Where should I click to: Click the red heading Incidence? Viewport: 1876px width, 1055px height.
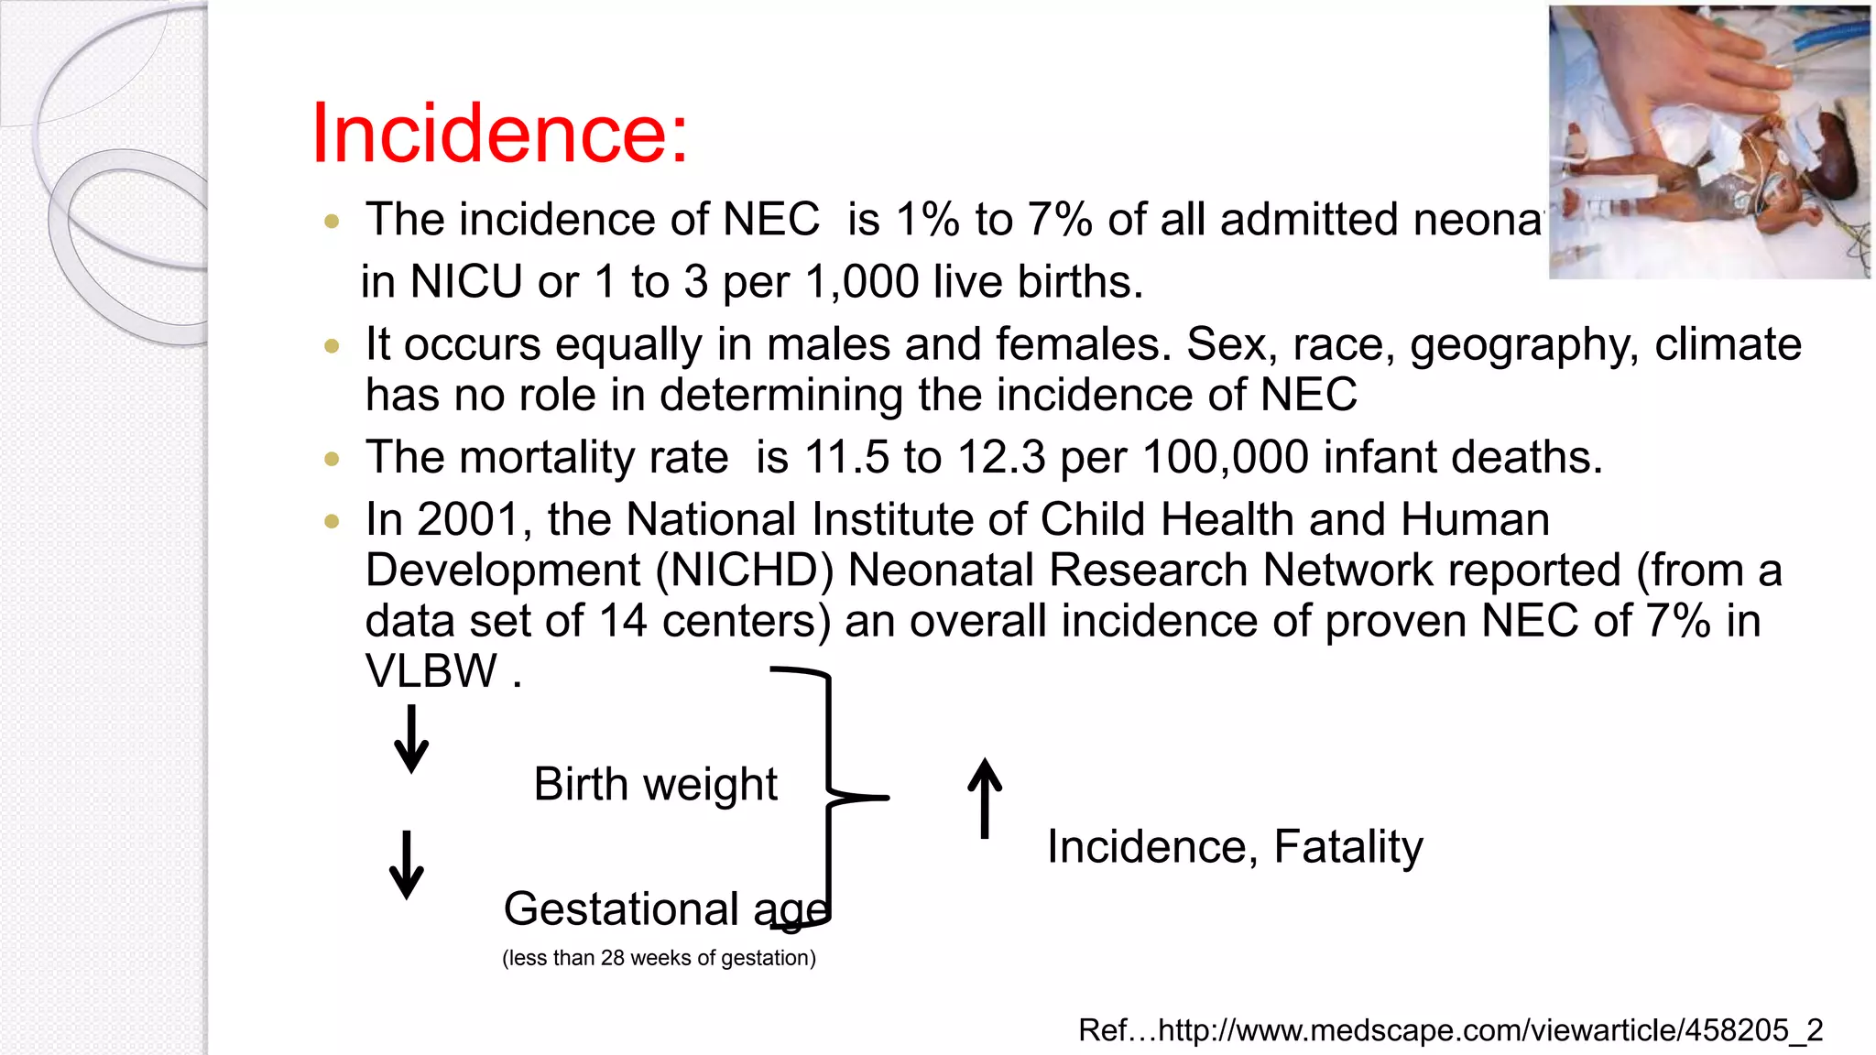click(499, 134)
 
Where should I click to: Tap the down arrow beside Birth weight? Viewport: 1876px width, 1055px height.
click(411, 739)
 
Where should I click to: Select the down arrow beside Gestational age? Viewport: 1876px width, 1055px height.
click(407, 865)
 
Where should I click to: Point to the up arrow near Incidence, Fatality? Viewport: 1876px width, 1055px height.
click(985, 798)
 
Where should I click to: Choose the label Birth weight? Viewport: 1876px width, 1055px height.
click(655, 785)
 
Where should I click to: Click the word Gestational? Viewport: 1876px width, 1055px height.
click(621, 909)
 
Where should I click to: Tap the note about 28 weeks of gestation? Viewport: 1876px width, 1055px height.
click(659, 958)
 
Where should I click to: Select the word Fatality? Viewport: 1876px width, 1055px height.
click(1348, 847)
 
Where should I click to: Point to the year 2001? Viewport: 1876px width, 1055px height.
click(468, 519)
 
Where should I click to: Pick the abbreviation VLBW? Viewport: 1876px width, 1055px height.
click(431, 671)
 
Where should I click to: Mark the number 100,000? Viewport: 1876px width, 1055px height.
click(1226, 457)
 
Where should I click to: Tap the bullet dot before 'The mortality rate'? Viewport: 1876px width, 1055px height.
click(332, 458)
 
